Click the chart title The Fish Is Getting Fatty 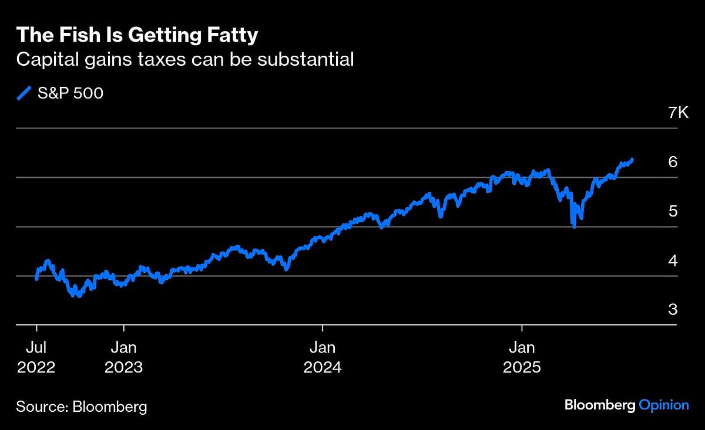[x=136, y=35]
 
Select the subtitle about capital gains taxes [x=184, y=59]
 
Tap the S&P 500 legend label [x=70, y=93]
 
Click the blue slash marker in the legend [x=24, y=93]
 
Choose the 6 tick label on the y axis [x=673, y=162]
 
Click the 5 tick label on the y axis [x=673, y=211]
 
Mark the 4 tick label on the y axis [x=673, y=260]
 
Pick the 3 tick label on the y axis [x=673, y=310]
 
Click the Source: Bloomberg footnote [x=81, y=406]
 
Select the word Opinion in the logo [x=664, y=405]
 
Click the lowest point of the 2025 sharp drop [x=573, y=226]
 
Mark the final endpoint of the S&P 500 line [x=632, y=159]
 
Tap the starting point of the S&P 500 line [x=36, y=279]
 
